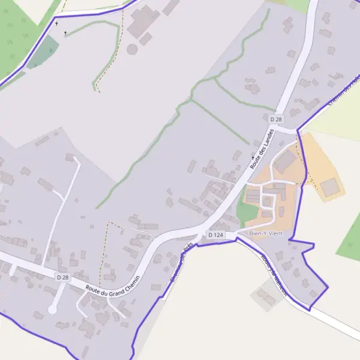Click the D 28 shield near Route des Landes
pos(276,119)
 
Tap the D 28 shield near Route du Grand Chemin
pos(62,277)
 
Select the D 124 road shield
pos(215,235)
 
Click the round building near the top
pos(132,49)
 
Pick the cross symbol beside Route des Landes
pos(253,157)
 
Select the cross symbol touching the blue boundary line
pos(56,23)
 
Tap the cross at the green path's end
pos(65,33)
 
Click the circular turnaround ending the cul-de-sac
pos(53,310)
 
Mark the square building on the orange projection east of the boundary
pos(329,187)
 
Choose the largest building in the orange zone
pos(285,161)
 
